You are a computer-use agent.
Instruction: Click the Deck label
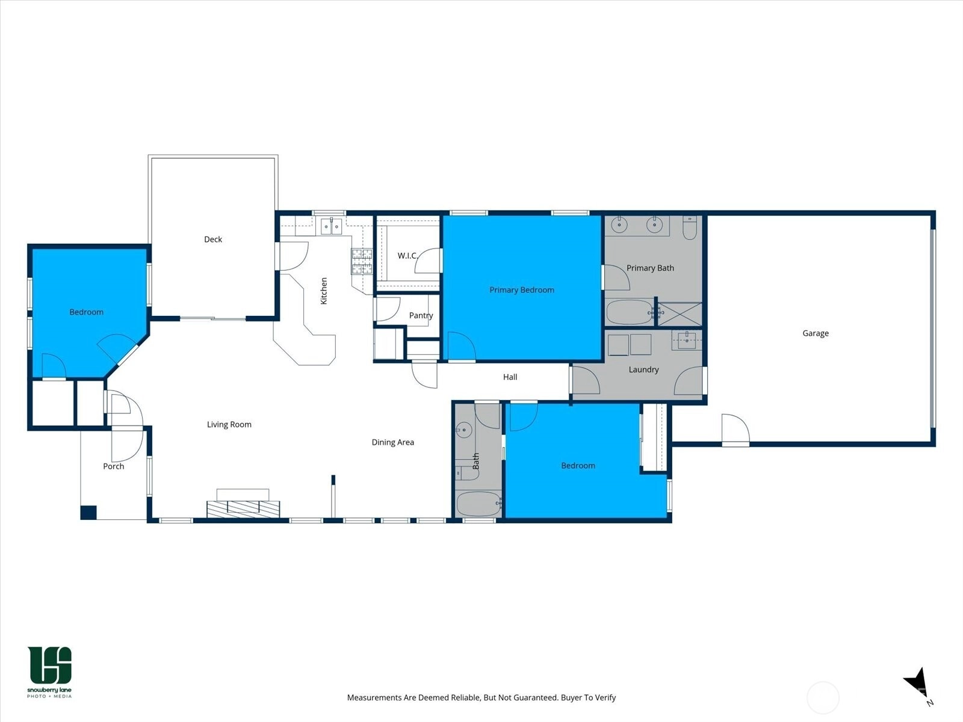click(x=213, y=239)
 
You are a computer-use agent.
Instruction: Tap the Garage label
click(x=816, y=333)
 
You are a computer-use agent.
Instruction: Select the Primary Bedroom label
click(x=522, y=290)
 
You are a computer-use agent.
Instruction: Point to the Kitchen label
click(x=324, y=291)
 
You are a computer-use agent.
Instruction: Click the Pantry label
click(x=421, y=315)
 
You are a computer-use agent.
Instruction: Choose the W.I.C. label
click(x=407, y=256)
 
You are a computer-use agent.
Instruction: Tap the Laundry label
click(x=643, y=369)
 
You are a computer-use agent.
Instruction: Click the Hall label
click(x=510, y=377)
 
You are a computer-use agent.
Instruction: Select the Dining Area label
click(x=392, y=442)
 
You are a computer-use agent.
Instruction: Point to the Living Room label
click(x=229, y=424)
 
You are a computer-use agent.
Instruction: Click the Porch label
click(x=114, y=466)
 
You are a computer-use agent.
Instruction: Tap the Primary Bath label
click(x=650, y=268)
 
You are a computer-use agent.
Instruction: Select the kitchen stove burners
click(x=362, y=261)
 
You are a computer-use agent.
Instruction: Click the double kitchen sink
click(x=331, y=226)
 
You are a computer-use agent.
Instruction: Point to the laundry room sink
click(x=687, y=340)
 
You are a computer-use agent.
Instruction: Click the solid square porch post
click(x=88, y=513)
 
